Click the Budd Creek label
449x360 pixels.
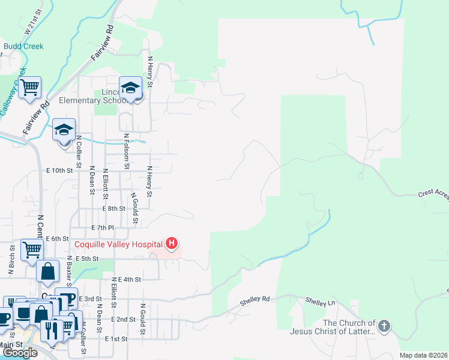pos(23,46)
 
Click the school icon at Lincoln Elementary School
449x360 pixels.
pos(130,89)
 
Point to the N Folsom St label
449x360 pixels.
pos(126,152)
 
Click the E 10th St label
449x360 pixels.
pos(59,170)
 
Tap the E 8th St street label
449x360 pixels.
pos(113,209)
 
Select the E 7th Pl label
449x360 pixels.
pos(102,228)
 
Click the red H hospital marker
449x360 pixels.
pos(172,244)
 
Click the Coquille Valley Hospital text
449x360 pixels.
pos(119,244)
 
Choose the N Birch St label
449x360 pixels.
pos(11,260)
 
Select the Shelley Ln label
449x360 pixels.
pos(319,301)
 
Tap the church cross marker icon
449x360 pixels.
pos(384,326)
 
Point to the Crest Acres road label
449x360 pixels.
pos(433,194)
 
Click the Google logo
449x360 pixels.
pos(20,353)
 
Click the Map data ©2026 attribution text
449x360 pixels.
pos(423,355)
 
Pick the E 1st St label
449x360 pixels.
pos(116,339)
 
